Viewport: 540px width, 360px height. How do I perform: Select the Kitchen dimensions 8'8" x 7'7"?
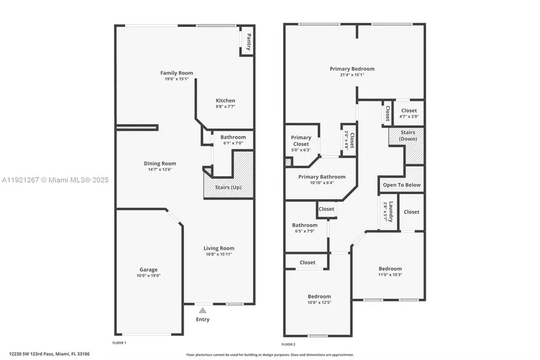[225, 107]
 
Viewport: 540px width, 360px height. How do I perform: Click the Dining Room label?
[160, 163]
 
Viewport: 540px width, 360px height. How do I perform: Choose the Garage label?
[148, 269]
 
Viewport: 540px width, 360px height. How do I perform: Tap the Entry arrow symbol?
[203, 310]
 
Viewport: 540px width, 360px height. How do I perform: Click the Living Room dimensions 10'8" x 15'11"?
[218, 254]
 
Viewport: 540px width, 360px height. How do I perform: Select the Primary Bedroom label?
[352, 69]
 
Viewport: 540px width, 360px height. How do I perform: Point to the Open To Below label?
[401, 185]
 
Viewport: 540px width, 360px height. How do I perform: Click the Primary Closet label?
[301, 140]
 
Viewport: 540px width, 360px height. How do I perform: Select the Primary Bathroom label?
[322, 177]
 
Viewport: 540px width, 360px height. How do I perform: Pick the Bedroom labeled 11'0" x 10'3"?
[390, 269]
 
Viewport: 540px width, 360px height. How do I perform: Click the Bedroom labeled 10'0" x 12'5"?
[319, 296]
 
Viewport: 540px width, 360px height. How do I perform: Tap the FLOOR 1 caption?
[119, 343]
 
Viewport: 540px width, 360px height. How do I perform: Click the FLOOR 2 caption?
[288, 344]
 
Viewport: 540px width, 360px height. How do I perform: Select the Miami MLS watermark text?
[55, 179]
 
